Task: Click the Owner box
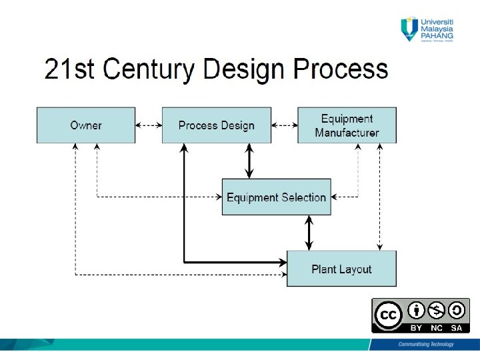pos(85,125)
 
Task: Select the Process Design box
pos(217,125)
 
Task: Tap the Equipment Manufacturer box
pos(347,125)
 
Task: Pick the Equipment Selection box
pos(276,197)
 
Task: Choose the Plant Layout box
pos(341,269)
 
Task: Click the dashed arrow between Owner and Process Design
pos(149,125)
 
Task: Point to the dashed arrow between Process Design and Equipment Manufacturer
pos(285,125)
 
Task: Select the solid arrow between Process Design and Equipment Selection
pos(249,161)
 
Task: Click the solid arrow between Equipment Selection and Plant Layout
pos(308,233)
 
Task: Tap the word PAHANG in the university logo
pos(437,35)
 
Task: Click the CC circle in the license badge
pos(388,315)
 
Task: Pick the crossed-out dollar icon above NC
pos(436,310)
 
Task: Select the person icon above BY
pos(416,310)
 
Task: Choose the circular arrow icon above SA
pos(457,310)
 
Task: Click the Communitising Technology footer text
pos(425,345)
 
